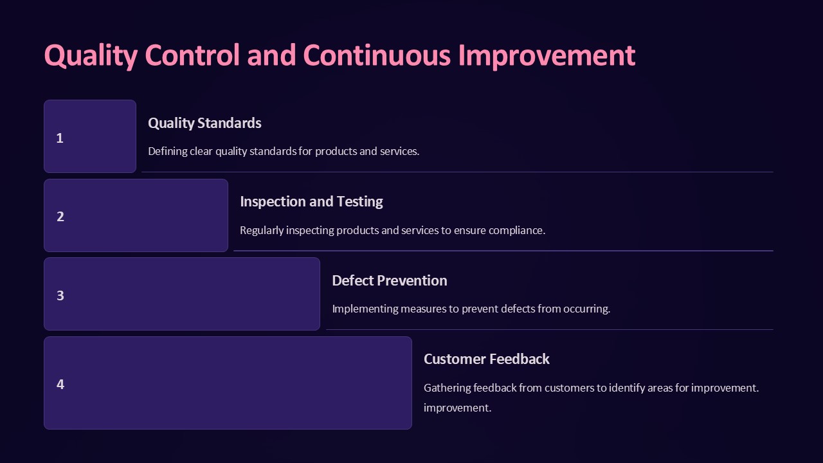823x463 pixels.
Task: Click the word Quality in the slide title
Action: [91, 56]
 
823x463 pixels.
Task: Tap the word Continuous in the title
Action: [377, 55]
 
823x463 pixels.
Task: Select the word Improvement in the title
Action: [547, 56]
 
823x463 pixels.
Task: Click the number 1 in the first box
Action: [60, 138]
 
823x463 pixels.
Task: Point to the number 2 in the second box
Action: [60, 217]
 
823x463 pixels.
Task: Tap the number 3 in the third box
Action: [60, 295]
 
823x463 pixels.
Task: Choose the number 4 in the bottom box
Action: [60, 384]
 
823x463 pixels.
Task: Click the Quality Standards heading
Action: [204, 123]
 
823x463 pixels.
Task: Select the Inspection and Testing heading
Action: [312, 202]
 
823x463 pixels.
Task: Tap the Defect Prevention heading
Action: [390, 281]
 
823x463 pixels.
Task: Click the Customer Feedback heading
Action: [487, 359]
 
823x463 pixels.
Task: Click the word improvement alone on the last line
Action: [457, 408]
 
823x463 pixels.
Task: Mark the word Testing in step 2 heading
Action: [359, 202]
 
